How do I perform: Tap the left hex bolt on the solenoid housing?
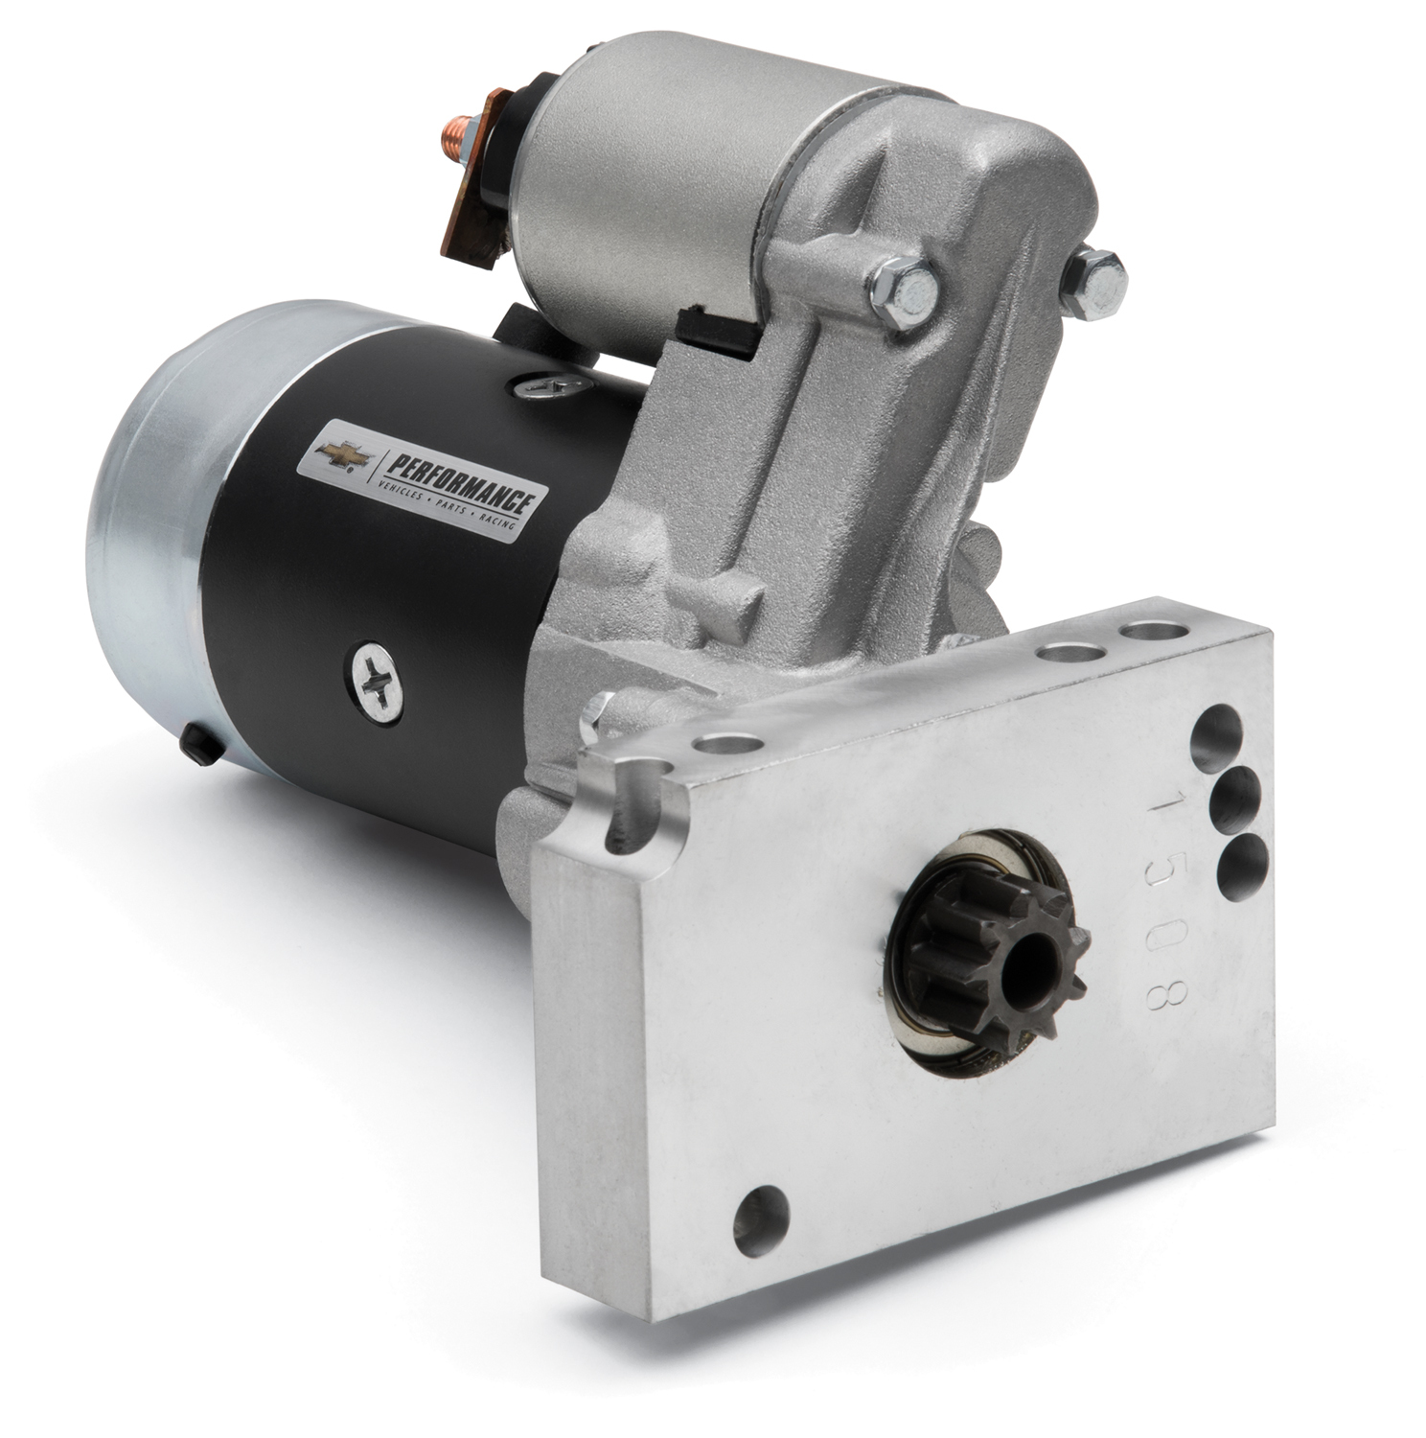(x=902, y=278)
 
